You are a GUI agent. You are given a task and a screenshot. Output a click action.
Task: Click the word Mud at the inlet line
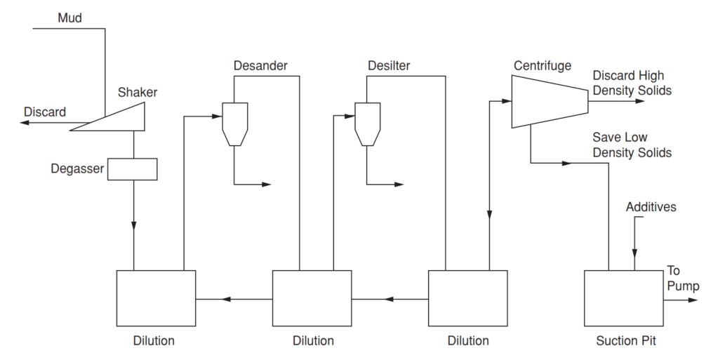69,18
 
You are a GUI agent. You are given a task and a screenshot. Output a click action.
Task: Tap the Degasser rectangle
132,169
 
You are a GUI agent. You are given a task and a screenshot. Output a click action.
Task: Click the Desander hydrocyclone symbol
232,121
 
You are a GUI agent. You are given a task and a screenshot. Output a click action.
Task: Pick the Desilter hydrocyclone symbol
366,121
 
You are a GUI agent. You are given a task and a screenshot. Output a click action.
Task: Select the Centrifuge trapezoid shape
548,101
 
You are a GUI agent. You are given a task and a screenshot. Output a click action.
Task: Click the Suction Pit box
623,299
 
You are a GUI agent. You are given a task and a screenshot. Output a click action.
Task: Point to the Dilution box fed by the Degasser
156,299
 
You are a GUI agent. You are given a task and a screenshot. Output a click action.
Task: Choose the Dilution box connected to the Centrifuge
467,299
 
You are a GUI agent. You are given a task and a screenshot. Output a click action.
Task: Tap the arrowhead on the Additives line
635,253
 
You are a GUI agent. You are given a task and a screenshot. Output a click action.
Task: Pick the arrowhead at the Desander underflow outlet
267,185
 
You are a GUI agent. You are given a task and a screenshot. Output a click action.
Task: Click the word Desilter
389,67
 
